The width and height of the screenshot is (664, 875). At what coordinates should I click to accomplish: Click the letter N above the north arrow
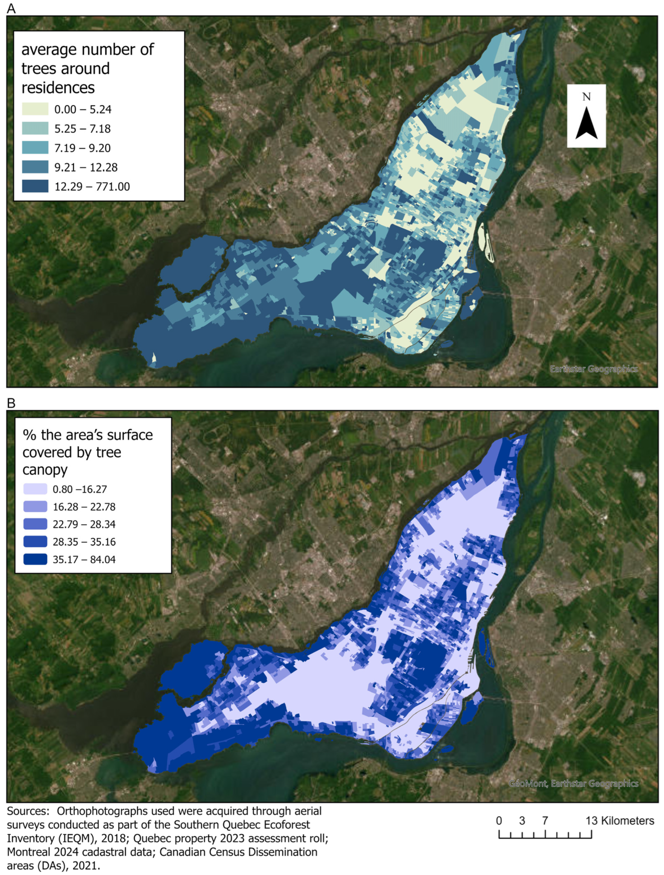(586, 97)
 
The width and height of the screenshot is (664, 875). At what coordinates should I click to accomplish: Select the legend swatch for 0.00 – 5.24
(35, 109)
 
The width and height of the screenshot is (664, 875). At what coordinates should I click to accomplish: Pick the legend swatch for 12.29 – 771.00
(35, 186)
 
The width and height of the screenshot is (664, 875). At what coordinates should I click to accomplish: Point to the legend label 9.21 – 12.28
(86, 167)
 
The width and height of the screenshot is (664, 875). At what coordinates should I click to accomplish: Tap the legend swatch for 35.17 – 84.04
(35, 559)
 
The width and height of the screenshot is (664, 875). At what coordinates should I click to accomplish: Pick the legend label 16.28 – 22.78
(84, 507)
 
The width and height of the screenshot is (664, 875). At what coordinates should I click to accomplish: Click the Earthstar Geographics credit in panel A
(594, 369)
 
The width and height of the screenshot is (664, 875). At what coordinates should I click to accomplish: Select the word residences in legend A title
(58, 87)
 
